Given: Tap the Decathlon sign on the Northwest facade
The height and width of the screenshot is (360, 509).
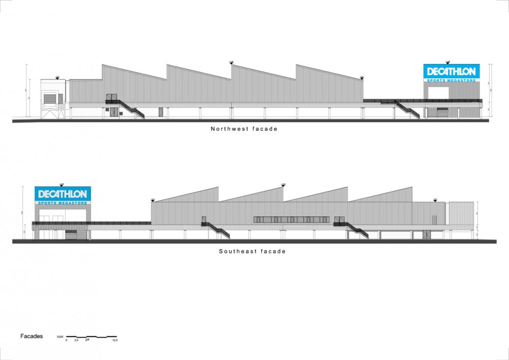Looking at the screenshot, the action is [451, 71].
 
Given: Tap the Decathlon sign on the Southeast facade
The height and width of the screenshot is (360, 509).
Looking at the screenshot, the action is [63, 194].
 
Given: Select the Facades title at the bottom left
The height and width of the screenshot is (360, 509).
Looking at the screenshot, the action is [32, 337].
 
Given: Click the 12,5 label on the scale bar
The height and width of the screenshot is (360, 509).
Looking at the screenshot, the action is [115, 340].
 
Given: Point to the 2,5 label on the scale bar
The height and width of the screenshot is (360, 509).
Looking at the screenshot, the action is [76, 340].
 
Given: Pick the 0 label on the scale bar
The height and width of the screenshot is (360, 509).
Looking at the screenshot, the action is [67, 340].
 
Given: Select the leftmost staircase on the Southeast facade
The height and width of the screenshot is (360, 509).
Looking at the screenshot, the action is [217, 230].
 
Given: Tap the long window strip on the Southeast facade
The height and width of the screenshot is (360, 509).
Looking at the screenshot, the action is [291, 219].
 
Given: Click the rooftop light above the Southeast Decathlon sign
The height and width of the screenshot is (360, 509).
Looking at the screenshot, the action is [62, 184].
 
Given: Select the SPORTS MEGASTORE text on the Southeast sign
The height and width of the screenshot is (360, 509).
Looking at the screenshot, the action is [63, 203].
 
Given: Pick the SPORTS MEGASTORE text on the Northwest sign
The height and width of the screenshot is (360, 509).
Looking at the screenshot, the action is [451, 80].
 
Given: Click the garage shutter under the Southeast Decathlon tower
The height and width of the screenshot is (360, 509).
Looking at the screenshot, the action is [71, 235].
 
